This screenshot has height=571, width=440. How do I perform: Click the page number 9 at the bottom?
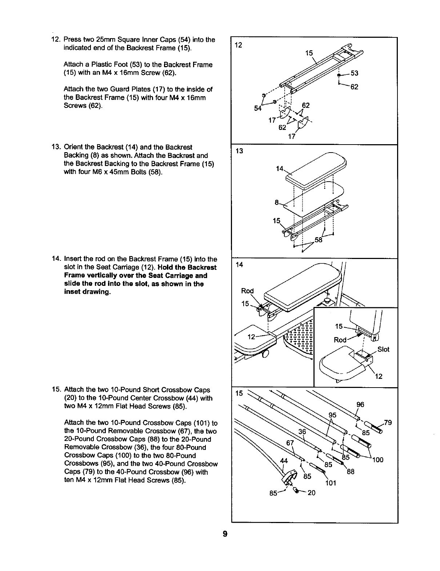pyautogui.click(x=225, y=534)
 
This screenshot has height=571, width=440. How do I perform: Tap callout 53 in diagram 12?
pyautogui.click(x=354, y=73)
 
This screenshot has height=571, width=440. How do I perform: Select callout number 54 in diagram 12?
pyautogui.click(x=258, y=108)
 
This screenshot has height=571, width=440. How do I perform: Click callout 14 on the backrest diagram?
pyautogui.click(x=279, y=169)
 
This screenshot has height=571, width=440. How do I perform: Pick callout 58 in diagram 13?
pyautogui.click(x=319, y=240)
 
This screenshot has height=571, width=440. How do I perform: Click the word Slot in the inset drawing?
pyautogui.click(x=383, y=349)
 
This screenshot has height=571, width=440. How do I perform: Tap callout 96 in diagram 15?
pyautogui.click(x=360, y=405)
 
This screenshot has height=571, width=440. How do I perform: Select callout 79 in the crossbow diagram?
pyautogui.click(x=388, y=422)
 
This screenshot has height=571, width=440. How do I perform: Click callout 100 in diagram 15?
pyautogui.click(x=378, y=460)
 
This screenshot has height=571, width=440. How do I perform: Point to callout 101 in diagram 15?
pyautogui.click(x=331, y=483)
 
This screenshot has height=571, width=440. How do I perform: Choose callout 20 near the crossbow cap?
pyautogui.click(x=311, y=493)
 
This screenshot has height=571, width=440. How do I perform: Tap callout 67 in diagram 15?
pyautogui.click(x=290, y=443)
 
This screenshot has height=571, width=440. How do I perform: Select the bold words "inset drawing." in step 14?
pyautogui.click(x=87, y=292)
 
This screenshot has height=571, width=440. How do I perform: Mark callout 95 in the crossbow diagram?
pyautogui.click(x=333, y=415)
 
